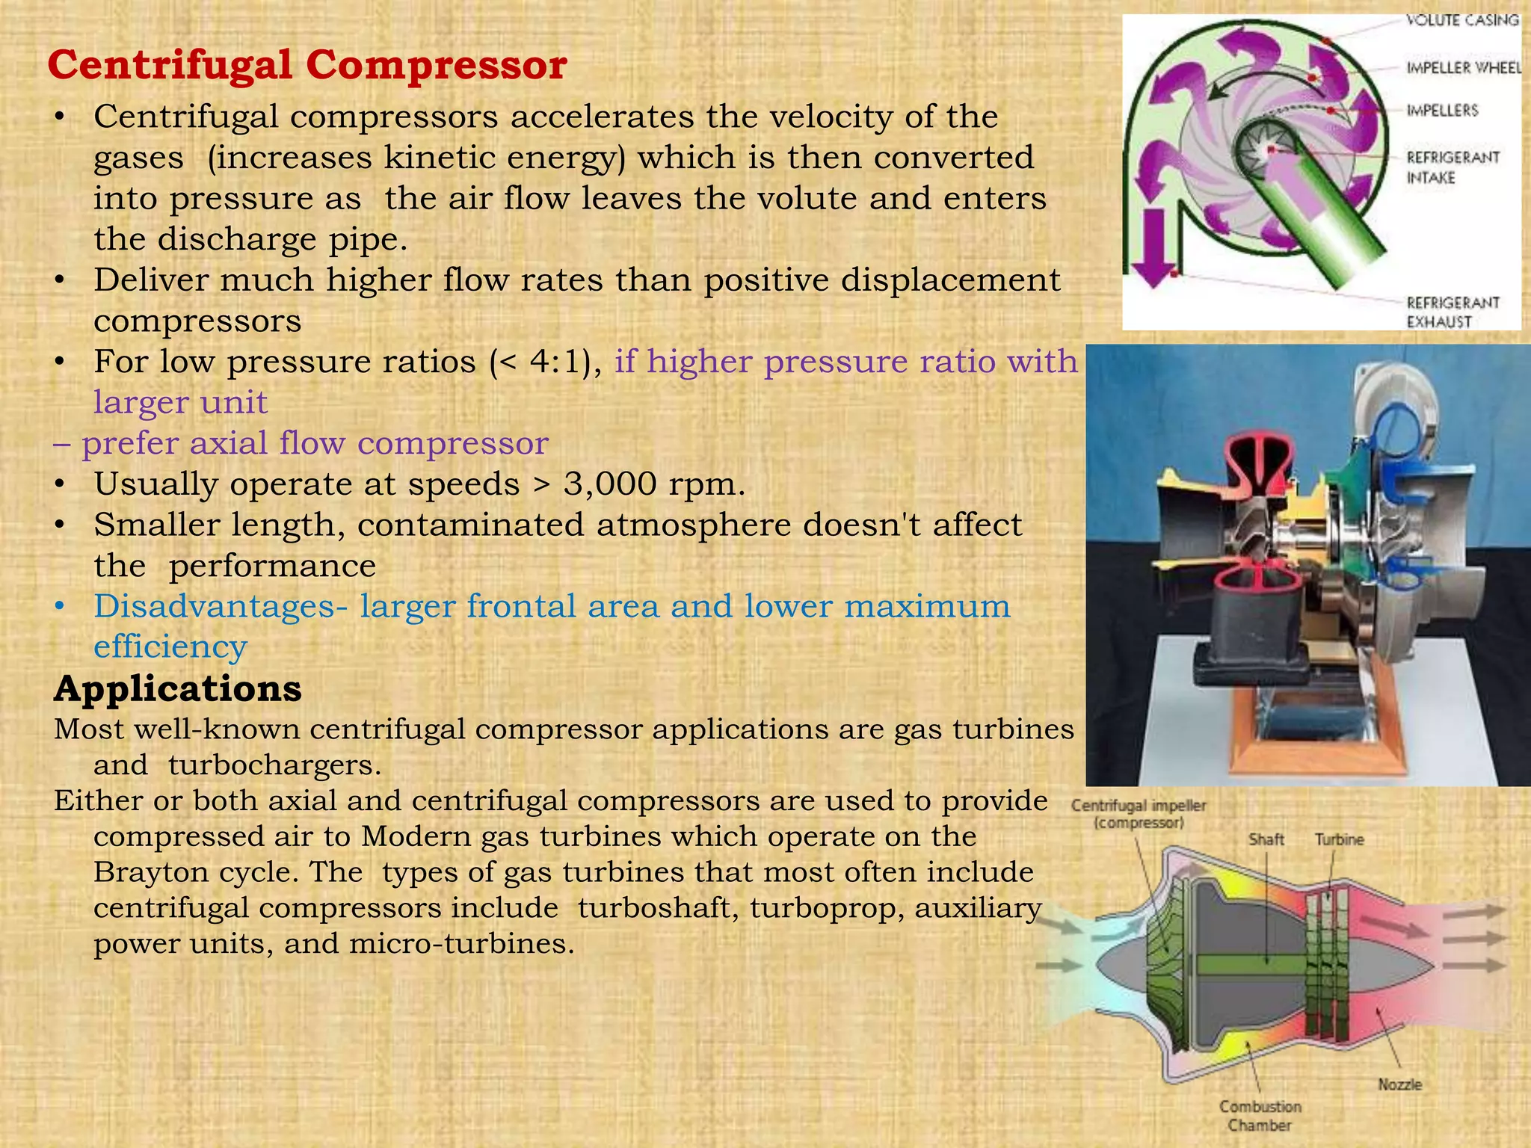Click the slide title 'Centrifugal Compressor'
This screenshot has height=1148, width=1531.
[x=306, y=65]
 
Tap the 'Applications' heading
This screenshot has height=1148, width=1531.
[x=177, y=688]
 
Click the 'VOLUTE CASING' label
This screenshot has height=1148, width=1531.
[x=1462, y=20]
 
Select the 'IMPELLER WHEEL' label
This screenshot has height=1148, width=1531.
[x=1464, y=68]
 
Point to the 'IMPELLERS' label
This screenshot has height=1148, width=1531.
[x=1442, y=111]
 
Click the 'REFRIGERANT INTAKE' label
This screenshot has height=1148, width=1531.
[x=1453, y=167]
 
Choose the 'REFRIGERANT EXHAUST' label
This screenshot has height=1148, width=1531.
[x=1453, y=312]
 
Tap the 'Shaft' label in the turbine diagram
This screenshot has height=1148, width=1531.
[x=1266, y=839]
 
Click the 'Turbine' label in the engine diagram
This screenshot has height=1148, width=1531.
[x=1339, y=839]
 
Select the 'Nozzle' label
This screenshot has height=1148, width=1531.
[x=1399, y=1084]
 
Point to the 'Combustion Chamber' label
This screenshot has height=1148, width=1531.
[x=1260, y=1115]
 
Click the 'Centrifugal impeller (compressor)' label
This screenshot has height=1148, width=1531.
[x=1138, y=814]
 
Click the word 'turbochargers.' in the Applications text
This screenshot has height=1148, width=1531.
[x=274, y=765]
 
